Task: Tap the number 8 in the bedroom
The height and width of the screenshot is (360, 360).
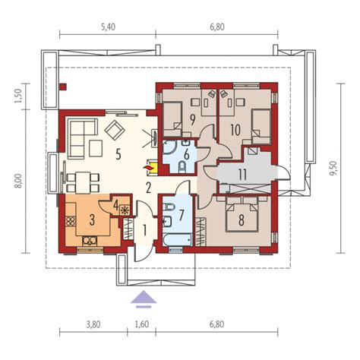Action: click(x=242, y=220)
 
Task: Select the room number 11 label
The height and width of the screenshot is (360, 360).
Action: click(x=242, y=175)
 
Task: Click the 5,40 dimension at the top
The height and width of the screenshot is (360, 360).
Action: click(x=108, y=27)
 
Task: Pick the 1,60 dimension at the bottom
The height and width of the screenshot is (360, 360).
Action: click(x=142, y=324)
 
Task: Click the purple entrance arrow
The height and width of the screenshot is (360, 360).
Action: click(x=144, y=299)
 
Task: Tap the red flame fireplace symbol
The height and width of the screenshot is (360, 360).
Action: click(x=148, y=167)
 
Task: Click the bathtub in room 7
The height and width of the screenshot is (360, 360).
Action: click(x=177, y=240)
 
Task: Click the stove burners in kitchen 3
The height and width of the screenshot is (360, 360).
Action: click(x=71, y=221)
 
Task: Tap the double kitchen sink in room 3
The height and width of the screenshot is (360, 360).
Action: click(x=90, y=241)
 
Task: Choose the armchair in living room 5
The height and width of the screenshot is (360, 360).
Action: click(x=115, y=130)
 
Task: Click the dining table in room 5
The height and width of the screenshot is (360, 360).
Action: click(x=83, y=182)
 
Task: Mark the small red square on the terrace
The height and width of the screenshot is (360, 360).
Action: click(x=63, y=87)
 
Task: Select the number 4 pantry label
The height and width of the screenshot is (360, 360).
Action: click(x=115, y=205)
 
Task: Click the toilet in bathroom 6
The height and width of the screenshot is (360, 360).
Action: click(x=182, y=167)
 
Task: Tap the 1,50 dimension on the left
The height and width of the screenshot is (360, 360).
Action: click(x=17, y=96)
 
